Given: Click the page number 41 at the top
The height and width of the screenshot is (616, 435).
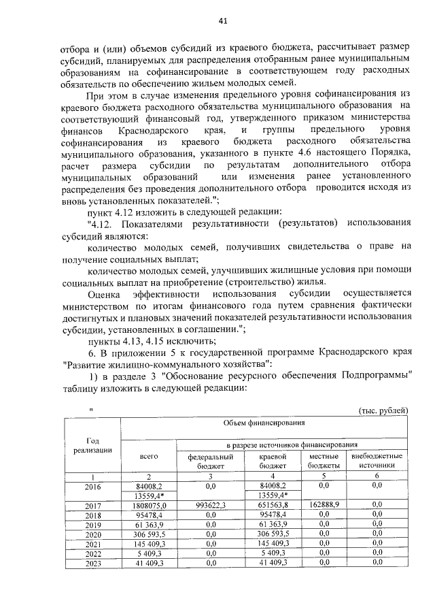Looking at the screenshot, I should click(223, 21).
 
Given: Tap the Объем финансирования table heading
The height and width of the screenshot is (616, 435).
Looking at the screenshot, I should click(262, 423).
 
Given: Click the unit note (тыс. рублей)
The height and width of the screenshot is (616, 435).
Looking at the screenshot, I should click(383, 410).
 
